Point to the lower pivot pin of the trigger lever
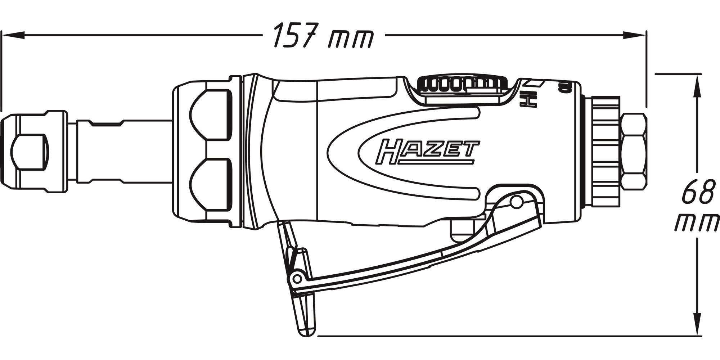pos(297,278)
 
